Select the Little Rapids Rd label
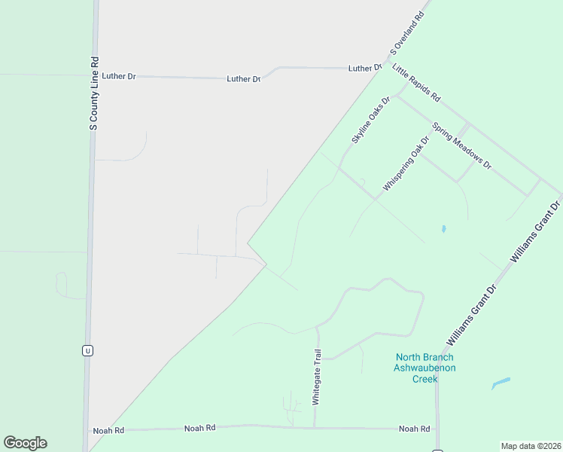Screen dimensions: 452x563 coord(416,83)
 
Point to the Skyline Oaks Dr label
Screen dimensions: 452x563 coord(371,120)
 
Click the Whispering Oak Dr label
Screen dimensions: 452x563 coord(406,163)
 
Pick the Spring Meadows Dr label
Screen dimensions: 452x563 coord(461,145)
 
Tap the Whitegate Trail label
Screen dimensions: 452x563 coord(317,377)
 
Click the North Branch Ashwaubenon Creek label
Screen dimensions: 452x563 coord(425,368)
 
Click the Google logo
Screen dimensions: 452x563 coord(25,443)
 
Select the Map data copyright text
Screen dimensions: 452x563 coord(531,446)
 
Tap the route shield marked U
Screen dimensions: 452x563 coord(88,350)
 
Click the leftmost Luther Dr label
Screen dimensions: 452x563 coord(119,76)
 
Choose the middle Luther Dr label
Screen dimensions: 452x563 coord(243,78)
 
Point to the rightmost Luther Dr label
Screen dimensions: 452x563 coord(365,68)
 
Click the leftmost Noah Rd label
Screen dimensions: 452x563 coord(108,430)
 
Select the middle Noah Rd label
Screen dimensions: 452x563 coord(200,428)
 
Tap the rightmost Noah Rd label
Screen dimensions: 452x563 coord(415,429)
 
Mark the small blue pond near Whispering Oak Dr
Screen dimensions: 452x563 coord(443,228)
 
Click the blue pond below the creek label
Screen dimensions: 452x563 coord(501,383)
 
